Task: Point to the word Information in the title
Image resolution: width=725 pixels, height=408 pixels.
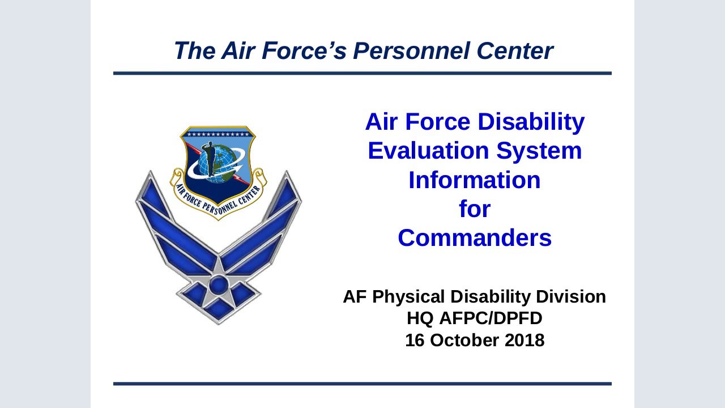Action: pyautogui.click(x=475, y=180)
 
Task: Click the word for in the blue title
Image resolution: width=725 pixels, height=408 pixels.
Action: pyautogui.click(x=475, y=210)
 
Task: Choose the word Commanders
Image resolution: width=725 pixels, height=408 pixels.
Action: pyautogui.click(x=475, y=238)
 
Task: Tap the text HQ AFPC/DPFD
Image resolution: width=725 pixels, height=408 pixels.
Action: pyautogui.click(x=475, y=318)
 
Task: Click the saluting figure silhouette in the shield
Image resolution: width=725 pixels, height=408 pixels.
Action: pyautogui.click(x=211, y=159)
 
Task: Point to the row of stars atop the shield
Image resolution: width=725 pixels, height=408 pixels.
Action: pyautogui.click(x=218, y=135)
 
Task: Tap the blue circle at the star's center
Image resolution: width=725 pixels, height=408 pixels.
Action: pyautogui.click(x=218, y=283)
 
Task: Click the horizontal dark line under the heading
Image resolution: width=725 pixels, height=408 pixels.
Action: pyautogui.click(x=362, y=73)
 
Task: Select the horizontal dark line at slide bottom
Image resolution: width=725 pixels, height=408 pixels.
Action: pyautogui.click(x=362, y=384)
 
